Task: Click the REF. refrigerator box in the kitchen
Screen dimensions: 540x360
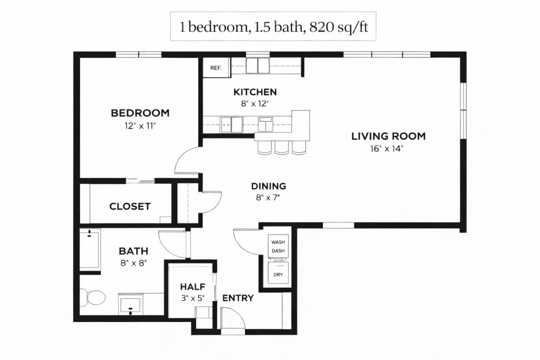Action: coord(216,67)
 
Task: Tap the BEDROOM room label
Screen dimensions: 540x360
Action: coord(140,113)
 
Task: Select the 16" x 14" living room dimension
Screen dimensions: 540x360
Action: coord(387,149)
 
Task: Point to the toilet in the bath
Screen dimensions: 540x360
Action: coord(93,297)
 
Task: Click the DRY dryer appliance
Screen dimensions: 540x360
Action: coord(278,273)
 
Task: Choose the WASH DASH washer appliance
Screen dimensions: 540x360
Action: coord(278,246)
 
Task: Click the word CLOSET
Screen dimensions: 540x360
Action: coord(130,207)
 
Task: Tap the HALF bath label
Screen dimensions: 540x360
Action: coord(192,287)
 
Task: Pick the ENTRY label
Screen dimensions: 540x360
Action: coord(238,298)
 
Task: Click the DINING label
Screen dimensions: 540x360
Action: coord(268,186)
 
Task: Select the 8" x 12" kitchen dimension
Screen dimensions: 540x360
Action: coord(255,104)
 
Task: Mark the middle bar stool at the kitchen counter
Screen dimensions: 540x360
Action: coord(282,147)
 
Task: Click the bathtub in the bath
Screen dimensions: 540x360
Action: coord(90,249)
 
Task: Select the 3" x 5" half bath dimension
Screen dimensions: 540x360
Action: coord(193,298)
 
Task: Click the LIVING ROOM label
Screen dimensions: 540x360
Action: coord(389,137)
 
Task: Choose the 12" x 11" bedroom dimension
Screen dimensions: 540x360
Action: coord(140,126)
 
